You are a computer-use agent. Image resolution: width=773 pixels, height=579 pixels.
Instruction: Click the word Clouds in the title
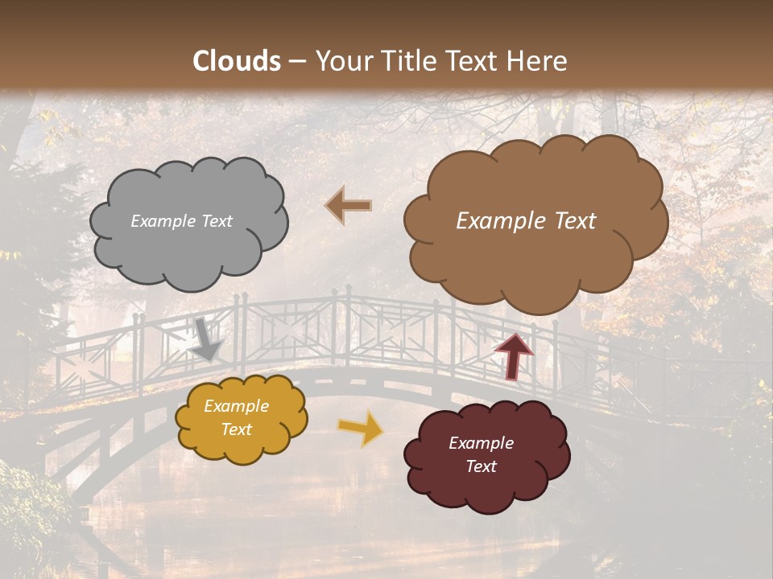coord(237,60)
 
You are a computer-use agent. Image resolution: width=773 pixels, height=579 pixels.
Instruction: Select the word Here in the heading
coord(536,60)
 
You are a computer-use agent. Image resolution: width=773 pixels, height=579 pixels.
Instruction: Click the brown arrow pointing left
coord(349,206)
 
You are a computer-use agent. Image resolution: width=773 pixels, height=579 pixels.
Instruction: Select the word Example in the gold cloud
coord(237,406)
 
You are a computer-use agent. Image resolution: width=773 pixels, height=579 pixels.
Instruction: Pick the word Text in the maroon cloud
coord(481,466)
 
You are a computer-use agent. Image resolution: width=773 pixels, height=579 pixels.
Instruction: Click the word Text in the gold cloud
coord(237,429)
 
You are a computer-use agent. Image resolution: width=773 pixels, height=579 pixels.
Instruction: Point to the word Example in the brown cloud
coord(498,221)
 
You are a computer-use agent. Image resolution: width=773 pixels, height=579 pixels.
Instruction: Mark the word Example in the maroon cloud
coord(481,443)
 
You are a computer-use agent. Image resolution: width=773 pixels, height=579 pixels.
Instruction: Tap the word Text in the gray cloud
coord(217,221)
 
